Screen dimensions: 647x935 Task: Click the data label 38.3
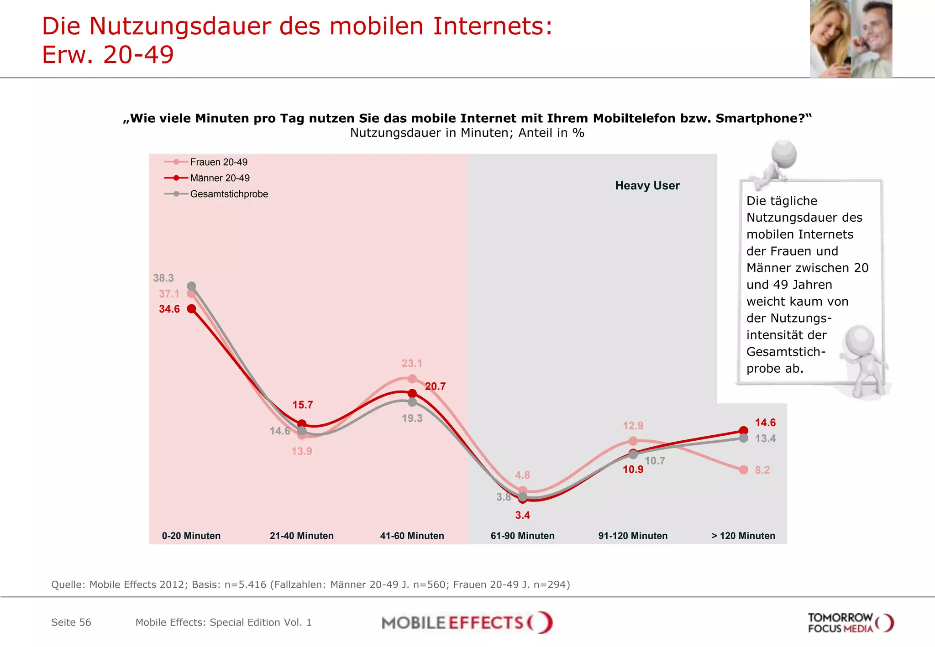click(x=163, y=278)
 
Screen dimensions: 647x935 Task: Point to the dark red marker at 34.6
click(x=192, y=309)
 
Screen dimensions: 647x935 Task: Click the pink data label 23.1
click(x=412, y=364)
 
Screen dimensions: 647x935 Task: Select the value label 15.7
click(x=303, y=405)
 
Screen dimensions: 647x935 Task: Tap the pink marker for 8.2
click(x=744, y=470)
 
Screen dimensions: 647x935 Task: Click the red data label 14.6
click(x=765, y=423)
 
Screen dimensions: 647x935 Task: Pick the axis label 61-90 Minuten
click(x=522, y=536)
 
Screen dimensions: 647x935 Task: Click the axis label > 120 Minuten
click(x=743, y=536)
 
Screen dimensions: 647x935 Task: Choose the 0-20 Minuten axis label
click(x=191, y=536)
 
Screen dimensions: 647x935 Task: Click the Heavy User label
click(x=647, y=186)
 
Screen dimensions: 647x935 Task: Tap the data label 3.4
click(x=522, y=515)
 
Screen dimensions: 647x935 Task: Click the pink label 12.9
click(x=633, y=426)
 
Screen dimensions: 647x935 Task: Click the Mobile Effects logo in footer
click(x=467, y=622)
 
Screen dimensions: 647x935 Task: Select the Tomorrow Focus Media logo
click(x=850, y=623)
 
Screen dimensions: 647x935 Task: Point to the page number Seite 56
click(x=71, y=622)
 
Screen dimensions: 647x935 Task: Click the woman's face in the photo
click(x=831, y=27)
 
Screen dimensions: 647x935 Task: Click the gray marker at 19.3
click(x=412, y=402)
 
